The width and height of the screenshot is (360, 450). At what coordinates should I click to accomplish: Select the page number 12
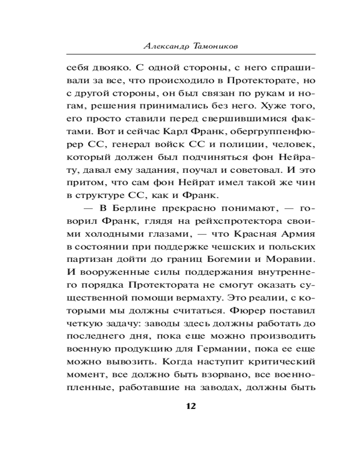[190, 406]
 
